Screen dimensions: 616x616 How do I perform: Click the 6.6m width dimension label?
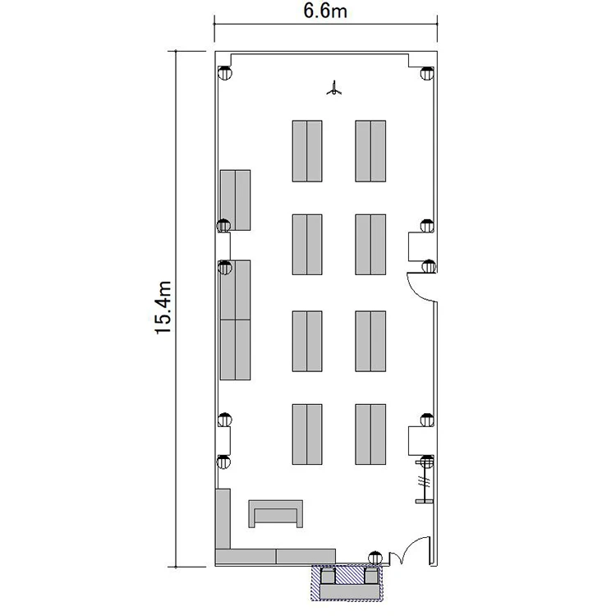(325, 11)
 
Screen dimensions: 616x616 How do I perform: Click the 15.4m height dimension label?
(163, 308)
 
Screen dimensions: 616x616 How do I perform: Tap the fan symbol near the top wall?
(333, 88)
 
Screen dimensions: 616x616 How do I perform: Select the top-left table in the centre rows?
(307, 151)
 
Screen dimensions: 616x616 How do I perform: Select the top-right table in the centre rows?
(370, 151)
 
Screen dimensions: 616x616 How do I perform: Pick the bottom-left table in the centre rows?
(307, 434)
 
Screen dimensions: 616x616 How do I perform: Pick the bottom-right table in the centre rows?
(370, 434)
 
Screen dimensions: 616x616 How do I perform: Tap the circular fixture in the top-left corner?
(225, 73)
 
